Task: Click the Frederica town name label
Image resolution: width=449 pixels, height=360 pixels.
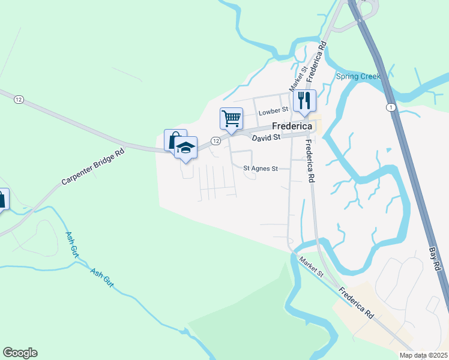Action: (x=292, y=127)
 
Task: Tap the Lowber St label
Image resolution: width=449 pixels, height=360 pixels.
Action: (x=273, y=112)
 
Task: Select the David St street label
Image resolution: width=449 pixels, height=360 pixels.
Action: (x=266, y=138)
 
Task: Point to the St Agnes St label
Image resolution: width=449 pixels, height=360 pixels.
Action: (x=261, y=169)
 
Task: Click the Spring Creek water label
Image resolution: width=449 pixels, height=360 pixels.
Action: (x=358, y=76)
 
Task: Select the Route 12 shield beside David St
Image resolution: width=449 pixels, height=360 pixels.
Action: (x=215, y=141)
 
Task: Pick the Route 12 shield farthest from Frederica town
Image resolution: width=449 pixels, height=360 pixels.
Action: (x=19, y=100)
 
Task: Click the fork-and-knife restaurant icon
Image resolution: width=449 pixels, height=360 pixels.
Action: (x=304, y=100)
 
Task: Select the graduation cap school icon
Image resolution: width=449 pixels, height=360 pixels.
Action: (x=186, y=148)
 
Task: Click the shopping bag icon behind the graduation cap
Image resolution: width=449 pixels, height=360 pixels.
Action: (x=173, y=140)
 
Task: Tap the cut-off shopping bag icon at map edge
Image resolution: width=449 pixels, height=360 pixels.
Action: (x=3, y=199)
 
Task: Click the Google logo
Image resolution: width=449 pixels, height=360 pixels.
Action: (x=20, y=353)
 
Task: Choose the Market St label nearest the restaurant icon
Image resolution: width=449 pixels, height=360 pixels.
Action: (x=304, y=75)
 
